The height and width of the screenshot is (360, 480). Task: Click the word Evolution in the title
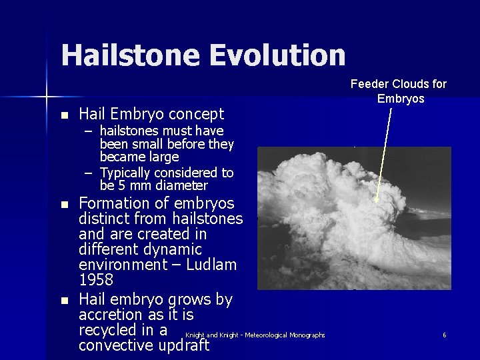pyautogui.click(x=279, y=55)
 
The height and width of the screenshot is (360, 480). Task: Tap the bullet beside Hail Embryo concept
pyautogui.click(x=64, y=115)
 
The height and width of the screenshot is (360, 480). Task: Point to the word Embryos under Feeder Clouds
pyautogui.click(x=400, y=99)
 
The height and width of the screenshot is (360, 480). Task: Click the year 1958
pyautogui.click(x=96, y=280)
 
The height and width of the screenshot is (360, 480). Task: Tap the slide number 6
pyautogui.click(x=444, y=335)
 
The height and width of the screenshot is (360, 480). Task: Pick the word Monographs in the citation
pyautogui.click(x=307, y=335)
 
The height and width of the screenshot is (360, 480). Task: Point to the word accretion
pyautogui.click(x=109, y=315)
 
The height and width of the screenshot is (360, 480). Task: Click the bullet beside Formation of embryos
pyautogui.click(x=64, y=204)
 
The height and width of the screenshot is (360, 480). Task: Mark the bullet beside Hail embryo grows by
pyautogui.click(x=64, y=301)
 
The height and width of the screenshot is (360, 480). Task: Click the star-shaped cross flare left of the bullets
pyautogui.click(x=47, y=98)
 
